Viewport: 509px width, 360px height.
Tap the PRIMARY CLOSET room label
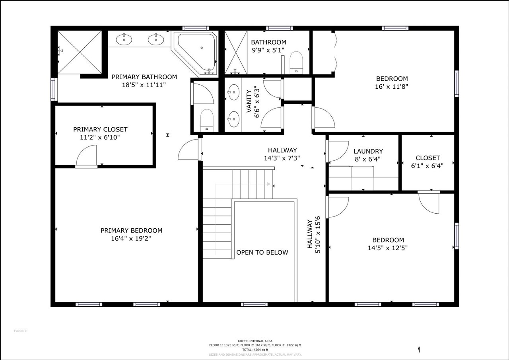(100, 130)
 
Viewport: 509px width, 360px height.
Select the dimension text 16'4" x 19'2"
(131, 239)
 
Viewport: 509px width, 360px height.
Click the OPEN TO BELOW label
(262, 253)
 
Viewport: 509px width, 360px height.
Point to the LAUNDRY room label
(368, 152)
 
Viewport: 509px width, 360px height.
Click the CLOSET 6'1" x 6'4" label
(427, 162)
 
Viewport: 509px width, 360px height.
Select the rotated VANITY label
(249, 101)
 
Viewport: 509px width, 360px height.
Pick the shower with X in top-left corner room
(80, 52)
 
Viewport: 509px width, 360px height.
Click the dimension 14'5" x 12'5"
(388, 247)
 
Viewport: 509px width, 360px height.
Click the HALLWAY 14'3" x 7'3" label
(282, 154)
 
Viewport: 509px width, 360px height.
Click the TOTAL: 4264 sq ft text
(254, 350)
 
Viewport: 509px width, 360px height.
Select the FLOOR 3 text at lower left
(20, 331)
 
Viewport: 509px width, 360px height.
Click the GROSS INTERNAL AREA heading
(254, 341)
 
